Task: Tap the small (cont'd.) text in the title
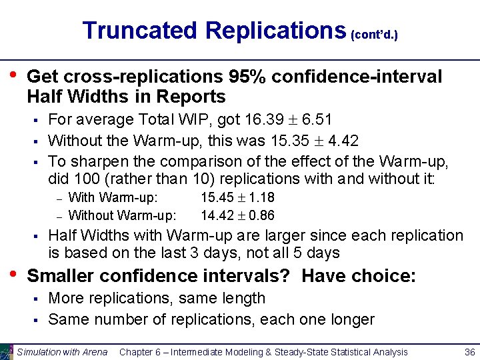point(374,33)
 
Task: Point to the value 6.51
point(317,119)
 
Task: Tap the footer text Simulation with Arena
point(62,352)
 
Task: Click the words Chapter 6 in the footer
point(139,352)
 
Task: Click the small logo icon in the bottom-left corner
point(7,351)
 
